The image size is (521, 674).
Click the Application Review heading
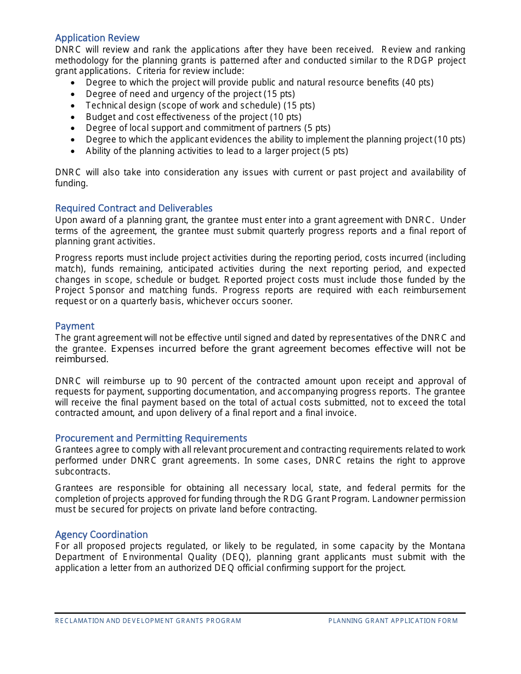(97, 38)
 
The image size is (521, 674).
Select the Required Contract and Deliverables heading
(133, 208)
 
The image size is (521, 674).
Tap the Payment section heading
(75, 326)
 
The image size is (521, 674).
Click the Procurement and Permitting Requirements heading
(151, 438)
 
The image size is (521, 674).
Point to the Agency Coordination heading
(101, 535)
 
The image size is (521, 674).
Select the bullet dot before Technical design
(74, 106)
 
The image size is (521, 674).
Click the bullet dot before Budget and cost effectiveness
(74, 117)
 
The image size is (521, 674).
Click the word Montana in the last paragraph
(447, 546)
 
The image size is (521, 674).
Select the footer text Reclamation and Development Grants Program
(148, 621)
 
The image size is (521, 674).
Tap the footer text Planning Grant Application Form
(393, 621)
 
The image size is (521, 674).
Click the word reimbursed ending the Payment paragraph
(81, 359)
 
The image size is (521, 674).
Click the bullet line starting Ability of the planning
(217, 151)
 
